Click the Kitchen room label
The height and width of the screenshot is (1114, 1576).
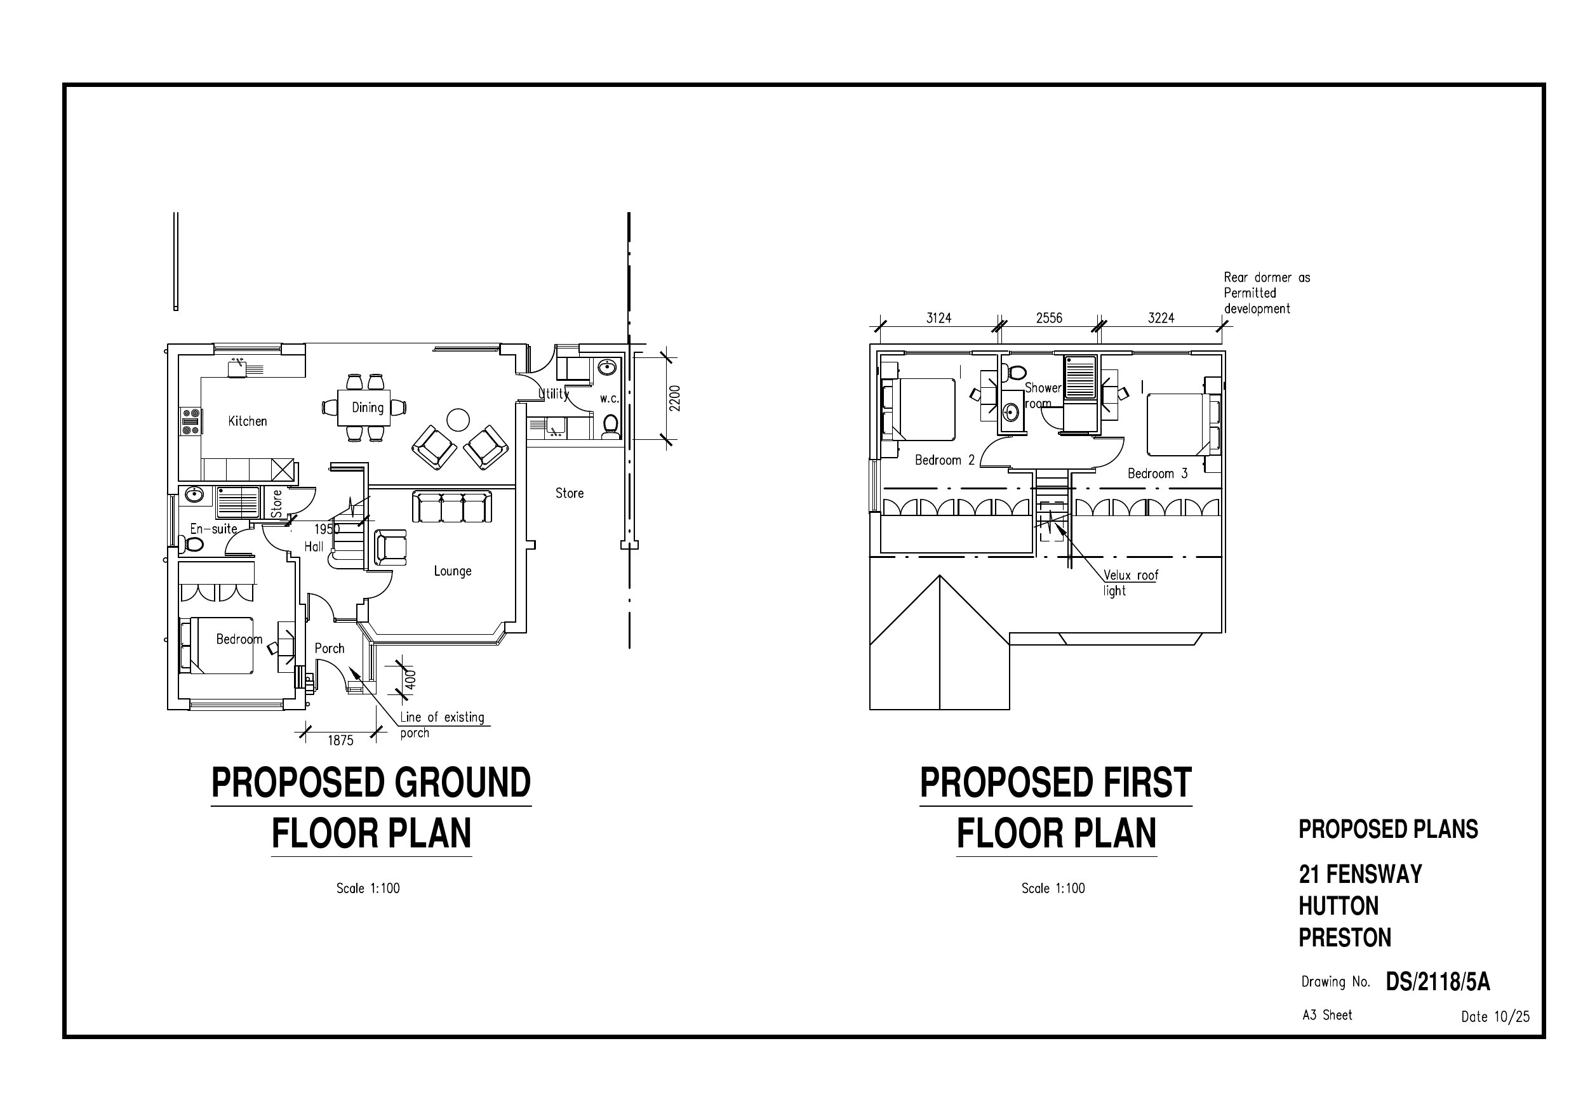[247, 421]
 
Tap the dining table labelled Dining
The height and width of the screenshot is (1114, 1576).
[364, 408]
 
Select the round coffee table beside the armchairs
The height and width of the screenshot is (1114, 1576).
[458, 419]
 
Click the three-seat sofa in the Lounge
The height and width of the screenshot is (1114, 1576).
[452, 507]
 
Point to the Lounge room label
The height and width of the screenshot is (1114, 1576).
[452, 571]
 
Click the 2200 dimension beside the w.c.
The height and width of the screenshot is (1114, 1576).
[675, 398]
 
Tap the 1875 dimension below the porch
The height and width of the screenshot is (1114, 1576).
[340, 741]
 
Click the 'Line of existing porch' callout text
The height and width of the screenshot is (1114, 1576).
[442, 725]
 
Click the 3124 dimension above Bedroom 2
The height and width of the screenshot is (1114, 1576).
[939, 318]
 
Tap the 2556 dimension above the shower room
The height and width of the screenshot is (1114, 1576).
[1049, 318]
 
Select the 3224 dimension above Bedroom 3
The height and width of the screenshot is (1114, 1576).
[1161, 318]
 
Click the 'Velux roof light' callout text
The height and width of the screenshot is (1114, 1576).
[1130, 583]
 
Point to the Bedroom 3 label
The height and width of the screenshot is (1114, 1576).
[1158, 474]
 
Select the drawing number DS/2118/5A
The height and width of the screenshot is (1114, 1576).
[1438, 982]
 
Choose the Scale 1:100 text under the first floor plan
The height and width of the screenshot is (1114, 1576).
[1053, 888]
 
